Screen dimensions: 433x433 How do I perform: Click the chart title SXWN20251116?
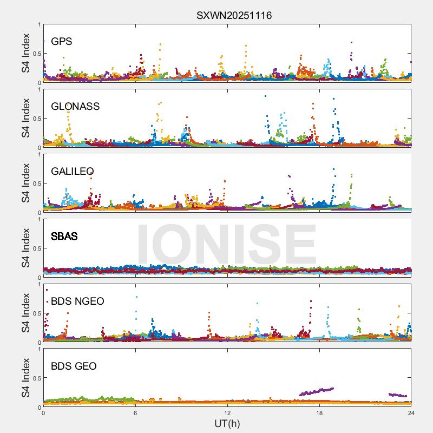click(x=234, y=15)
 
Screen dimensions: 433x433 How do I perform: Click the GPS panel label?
click(x=61, y=42)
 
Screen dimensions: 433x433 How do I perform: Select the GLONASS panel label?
click(x=75, y=107)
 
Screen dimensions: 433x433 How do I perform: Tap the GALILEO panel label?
click(x=73, y=172)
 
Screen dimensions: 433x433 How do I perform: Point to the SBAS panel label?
click(x=64, y=237)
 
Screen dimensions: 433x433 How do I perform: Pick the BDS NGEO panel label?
click(x=77, y=301)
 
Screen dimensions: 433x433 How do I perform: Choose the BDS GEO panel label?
click(x=74, y=366)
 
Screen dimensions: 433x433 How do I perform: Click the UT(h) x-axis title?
click(x=227, y=423)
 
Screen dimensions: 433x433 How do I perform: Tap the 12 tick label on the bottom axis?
click(x=227, y=413)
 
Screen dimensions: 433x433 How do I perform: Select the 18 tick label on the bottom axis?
click(x=319, y=413)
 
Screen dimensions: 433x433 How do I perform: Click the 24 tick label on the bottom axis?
click(x=411, y=413)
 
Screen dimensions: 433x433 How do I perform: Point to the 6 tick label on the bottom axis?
click(x=135, y=413)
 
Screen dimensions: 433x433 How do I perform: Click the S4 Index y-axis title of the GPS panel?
click(x=25, y=54)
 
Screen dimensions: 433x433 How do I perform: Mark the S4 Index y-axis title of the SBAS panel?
click(x=25, y=248)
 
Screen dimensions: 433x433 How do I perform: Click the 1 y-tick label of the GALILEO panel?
click(x=38, y=154)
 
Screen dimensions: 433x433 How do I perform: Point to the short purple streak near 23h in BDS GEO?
click(x=398, y=395)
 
